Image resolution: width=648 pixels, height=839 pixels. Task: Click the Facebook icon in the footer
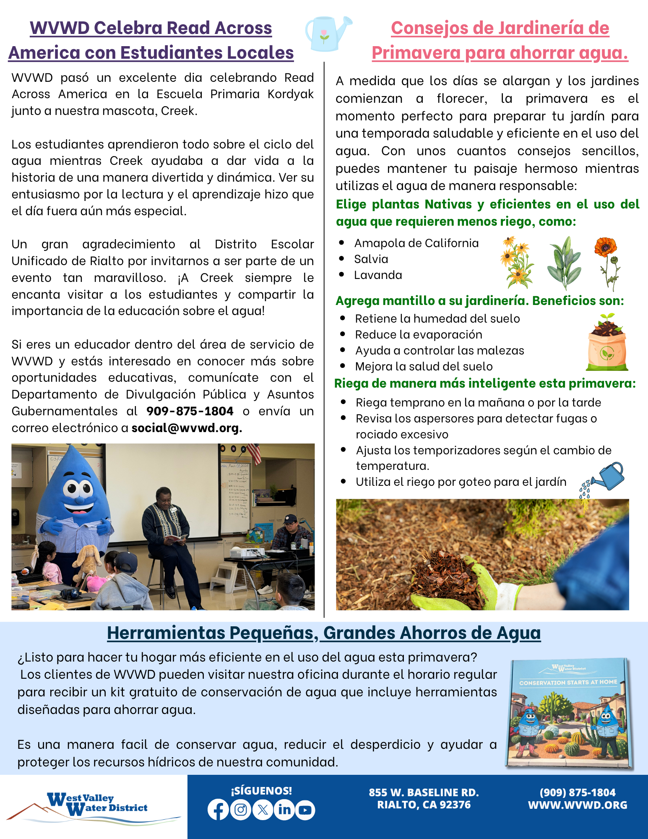pos(218,810)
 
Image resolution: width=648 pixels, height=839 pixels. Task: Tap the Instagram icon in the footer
pos(241,810)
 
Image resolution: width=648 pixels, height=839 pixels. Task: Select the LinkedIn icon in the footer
pos(284,810)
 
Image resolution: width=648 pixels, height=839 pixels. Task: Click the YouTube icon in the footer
pos(305,810)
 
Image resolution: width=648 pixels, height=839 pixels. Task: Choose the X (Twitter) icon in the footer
pos(263,810)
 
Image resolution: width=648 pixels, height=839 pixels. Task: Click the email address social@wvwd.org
pos(187,428)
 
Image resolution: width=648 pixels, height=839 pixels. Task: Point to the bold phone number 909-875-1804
pos(190,411)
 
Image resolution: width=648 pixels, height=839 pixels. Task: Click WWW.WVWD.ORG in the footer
pos(578,805)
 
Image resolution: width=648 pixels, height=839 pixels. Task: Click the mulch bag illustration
pos(607,343)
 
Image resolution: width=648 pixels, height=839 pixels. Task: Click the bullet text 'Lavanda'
pos(378,275)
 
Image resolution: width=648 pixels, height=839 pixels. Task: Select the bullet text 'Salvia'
pos(371,259)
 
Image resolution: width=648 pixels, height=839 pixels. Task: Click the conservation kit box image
pos(569,713)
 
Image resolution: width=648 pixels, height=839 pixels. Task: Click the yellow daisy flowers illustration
pos(517,262)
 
